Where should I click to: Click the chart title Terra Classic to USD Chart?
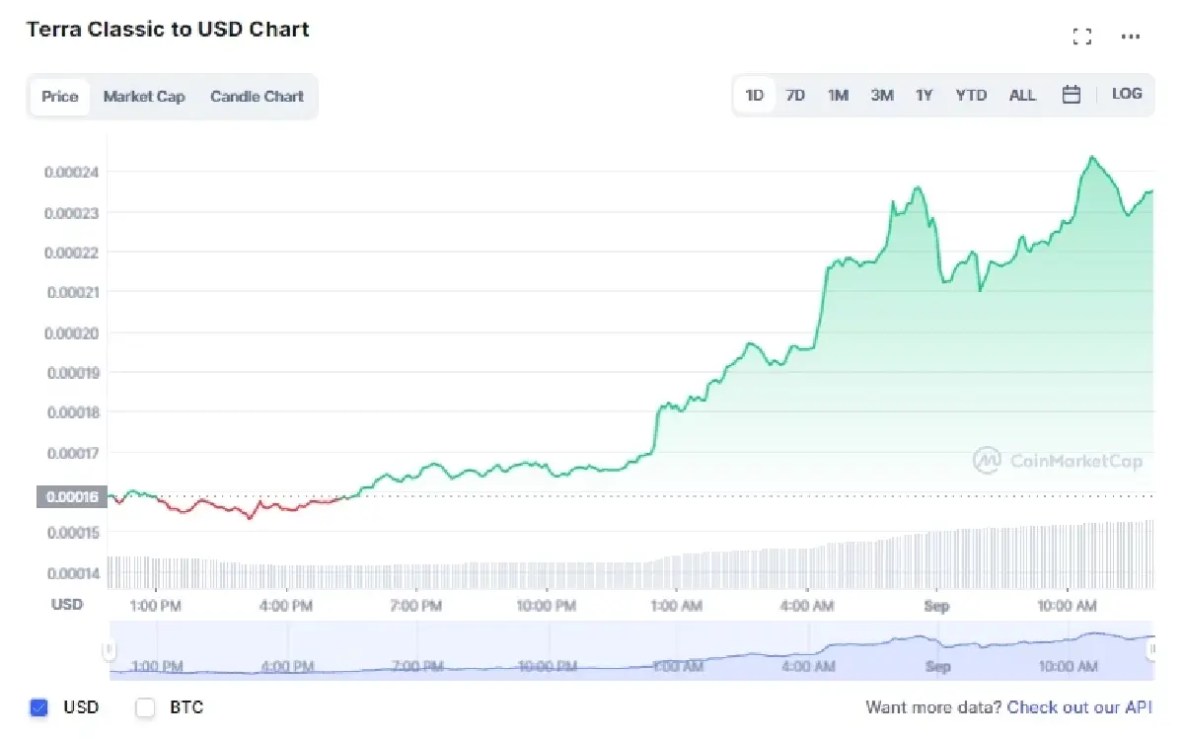168,30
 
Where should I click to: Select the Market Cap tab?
144,97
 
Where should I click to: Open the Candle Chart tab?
257,97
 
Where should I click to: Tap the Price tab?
59,97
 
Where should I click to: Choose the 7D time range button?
795,95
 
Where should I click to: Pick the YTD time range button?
971,95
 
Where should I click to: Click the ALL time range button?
1022,95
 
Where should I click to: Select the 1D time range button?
755,95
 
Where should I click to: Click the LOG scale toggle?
1127,94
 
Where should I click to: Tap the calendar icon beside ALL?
1072,95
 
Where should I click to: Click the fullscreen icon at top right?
1081,37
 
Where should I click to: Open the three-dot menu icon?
1131,37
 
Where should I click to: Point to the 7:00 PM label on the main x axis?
416,605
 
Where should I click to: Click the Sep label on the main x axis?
936,605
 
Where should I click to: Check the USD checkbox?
39,707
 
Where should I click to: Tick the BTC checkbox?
145,707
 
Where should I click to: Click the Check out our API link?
1079,707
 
